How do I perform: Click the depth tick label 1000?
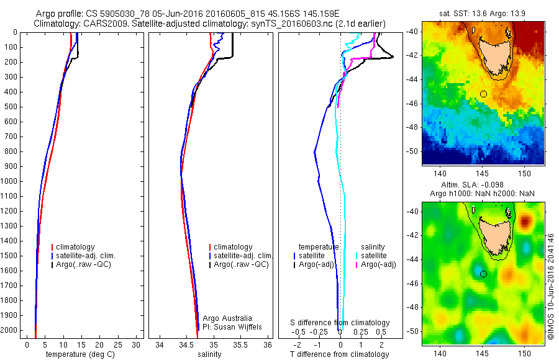(11, 181)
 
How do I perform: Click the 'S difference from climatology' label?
(340, 323)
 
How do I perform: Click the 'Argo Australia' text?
(227, 318)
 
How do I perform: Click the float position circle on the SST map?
(483, 94)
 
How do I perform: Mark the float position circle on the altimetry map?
(483, 274)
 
